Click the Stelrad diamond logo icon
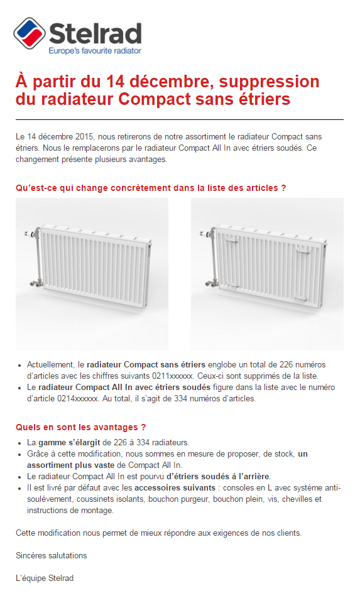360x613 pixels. pyautogui.click(x=29, y=34)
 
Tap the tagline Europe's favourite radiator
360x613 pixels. pyautogui.click(x=95, y=50)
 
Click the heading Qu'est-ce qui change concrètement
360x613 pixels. pyautogui.click(x=151, y=188)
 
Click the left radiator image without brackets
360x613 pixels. pyautogui.click(x=92, y=274)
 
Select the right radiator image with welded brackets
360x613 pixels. pyautogui.click(x=267, y=274)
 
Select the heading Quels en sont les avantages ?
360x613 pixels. pyautogui.click(x=80, y=428)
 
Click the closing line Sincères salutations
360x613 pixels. pyautogui.click(x=52, y=555)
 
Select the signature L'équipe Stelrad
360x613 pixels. pyautogui.click(x=45, y=578)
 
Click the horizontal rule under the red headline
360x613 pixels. pyautogui.click(x=180, y=119)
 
